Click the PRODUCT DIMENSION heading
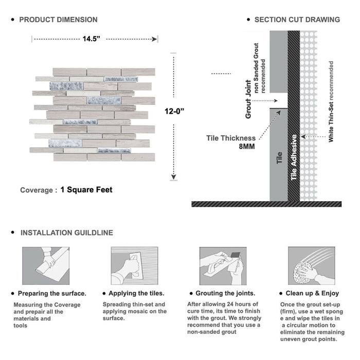(58, 20)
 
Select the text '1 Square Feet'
(86, 190)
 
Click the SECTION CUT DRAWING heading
(297, 20)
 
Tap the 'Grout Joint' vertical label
(248, 99)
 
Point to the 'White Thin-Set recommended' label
(331, 101)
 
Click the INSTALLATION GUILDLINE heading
(66, 232)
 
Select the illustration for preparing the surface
(45, 265)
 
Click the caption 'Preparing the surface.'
(52, 294)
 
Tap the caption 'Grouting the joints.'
(225, 294)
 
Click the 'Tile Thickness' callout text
(231, 138)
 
